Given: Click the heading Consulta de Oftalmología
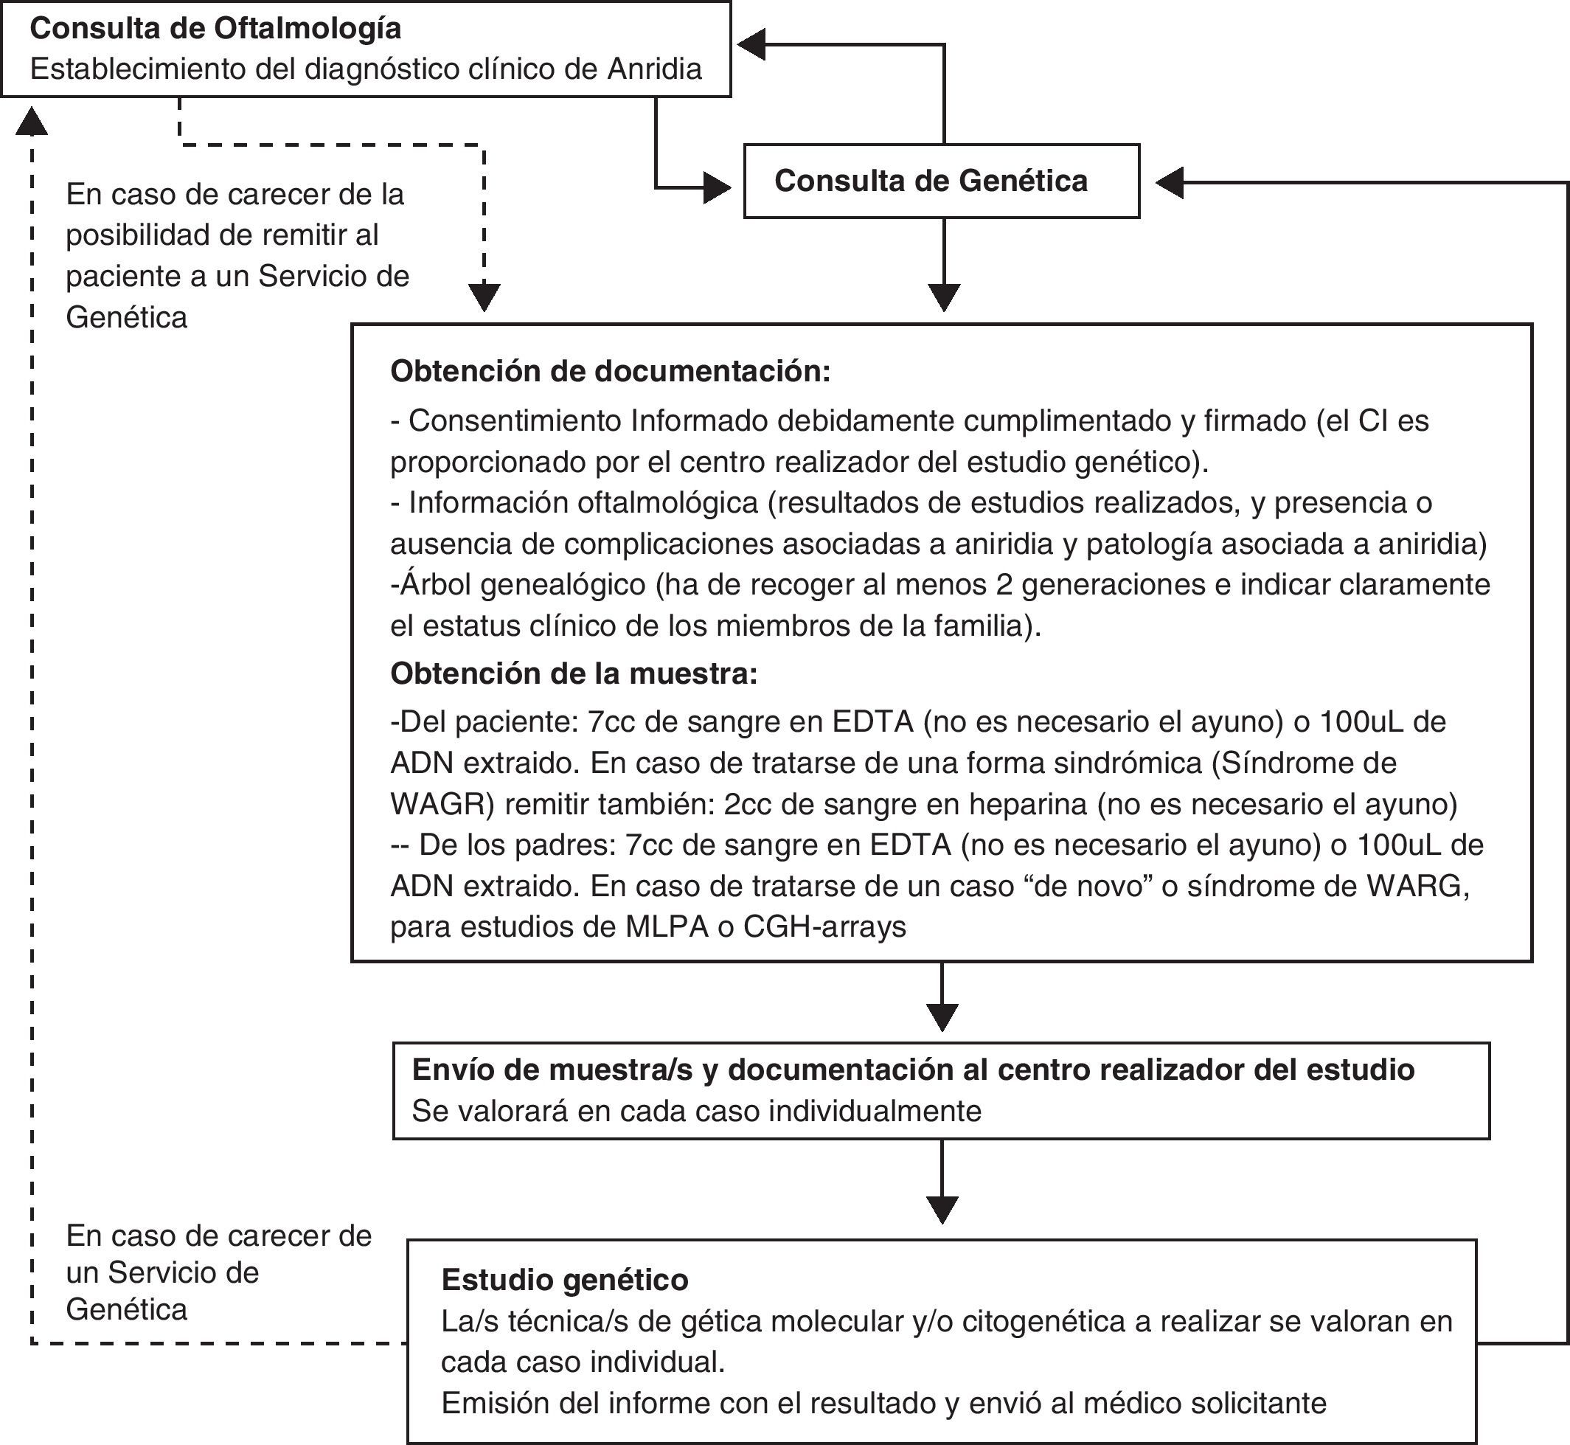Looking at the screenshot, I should tap(215, 29).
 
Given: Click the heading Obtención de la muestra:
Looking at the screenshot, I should tap(574, 673).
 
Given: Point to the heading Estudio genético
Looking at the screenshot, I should tap(565, 1280).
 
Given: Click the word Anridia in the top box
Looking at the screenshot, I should tap(653, 69).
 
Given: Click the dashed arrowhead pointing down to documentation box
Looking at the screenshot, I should tap(484, 298).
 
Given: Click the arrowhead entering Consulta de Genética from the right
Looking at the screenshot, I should tap(1168, 183).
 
